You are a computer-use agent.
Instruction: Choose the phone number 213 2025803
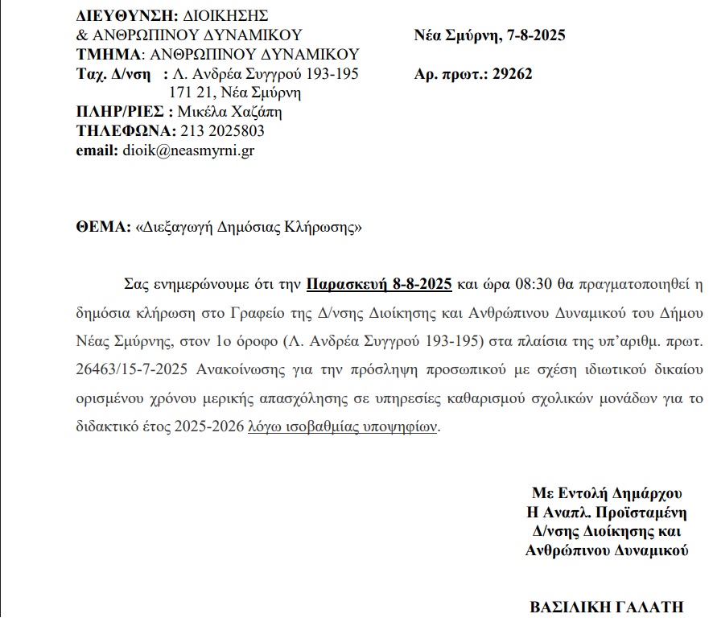click(x=222, y=131)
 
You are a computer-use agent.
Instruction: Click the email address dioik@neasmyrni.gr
click(x=188, y=150)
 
